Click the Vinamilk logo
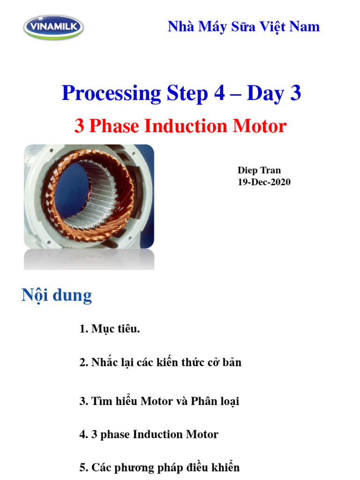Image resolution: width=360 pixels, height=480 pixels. coord(53,27)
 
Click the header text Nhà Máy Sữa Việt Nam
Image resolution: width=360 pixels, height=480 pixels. coord(244,26)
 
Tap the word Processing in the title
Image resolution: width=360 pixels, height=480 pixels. coord(111,93)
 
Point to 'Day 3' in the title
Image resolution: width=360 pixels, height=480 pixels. coord(274,93)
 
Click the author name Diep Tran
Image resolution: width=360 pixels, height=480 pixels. coord(259,170)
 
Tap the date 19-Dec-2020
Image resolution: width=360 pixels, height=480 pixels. coord(264,182)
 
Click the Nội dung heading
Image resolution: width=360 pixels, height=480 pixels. coord(57,296)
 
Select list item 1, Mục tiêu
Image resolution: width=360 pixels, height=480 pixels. coord(110,329)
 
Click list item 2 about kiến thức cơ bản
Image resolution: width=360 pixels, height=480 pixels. coord(160,362)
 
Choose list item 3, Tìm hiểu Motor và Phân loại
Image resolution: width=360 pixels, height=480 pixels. coord(159,402)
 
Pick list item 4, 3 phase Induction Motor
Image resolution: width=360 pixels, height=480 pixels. coord(149,435)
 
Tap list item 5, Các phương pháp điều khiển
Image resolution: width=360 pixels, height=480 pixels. coord(159,467)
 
